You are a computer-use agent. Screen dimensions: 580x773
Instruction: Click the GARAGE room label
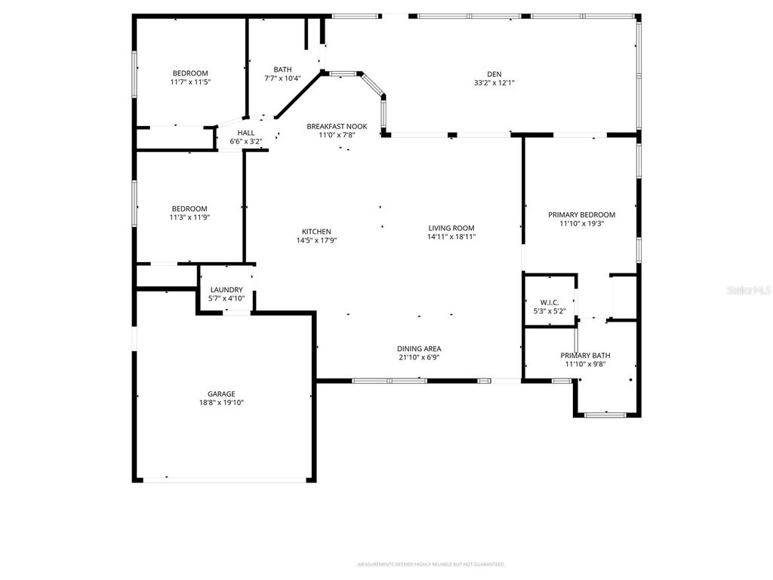(x=221, y=393)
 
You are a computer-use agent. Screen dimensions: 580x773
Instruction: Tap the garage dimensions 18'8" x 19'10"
(x=221, y=403)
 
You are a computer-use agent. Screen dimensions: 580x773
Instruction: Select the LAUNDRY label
(x=226, y=289)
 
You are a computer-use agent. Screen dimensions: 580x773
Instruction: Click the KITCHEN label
(x=316, y=232)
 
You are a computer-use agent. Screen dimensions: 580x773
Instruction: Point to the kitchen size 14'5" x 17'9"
(x=316, y=241)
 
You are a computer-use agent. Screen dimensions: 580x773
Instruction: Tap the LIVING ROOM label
(x=451, y=228)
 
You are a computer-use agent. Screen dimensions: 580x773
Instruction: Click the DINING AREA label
(x=419, y=348)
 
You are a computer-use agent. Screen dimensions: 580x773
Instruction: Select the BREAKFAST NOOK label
(x=337, y=126)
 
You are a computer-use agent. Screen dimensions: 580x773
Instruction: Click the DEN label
(x=494, y=73)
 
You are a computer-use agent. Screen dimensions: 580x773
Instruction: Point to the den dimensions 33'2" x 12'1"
(x=494, y=82)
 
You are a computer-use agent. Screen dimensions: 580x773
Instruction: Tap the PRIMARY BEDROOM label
(x=581, y=214)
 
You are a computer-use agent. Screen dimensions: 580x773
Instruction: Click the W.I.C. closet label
(x=549, y=302)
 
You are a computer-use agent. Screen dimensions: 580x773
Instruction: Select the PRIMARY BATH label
(x=585, y=355)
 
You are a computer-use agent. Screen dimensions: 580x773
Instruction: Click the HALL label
(x=246, y=132)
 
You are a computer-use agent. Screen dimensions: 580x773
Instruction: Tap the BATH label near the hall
(x=282, y=69)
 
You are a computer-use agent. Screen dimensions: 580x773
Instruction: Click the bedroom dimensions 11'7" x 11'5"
(x=189, y=82)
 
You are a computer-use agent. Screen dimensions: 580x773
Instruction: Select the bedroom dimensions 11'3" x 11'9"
(x=189, y=217)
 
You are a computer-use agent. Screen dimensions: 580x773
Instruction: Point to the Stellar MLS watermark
(x=748, y=289)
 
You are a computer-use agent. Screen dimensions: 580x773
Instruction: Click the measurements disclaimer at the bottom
(x=430, y=564)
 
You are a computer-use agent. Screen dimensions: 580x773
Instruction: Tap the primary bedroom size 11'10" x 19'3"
(x=581, y=224)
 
